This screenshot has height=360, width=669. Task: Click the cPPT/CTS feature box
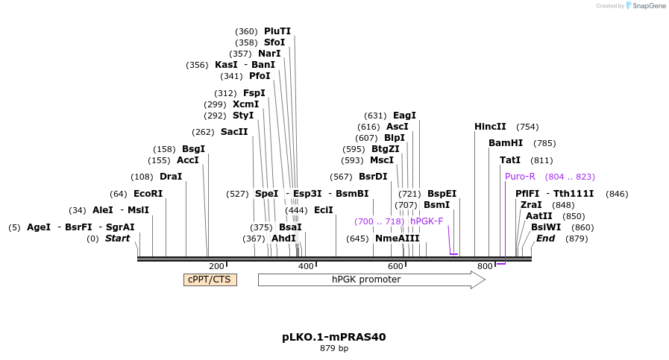[x=210, y=280]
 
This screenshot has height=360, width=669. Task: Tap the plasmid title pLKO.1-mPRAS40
[x=333, y=337]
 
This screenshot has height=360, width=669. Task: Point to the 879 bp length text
[x=334, y=348]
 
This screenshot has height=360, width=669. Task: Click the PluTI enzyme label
[x=277, y=31]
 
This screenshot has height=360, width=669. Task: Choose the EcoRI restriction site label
[x=148, y=194]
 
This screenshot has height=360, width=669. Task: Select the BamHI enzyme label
[x=506, y=143]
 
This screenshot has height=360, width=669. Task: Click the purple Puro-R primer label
[x=520, y=177]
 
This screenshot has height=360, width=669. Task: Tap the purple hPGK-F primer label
[x=427, y=221]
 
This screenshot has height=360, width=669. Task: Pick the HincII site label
[x=490, y=127]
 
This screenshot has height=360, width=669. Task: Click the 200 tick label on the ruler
[x=216, y=266]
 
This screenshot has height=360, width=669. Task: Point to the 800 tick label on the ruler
[x=485, y=266]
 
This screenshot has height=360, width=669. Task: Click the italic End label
[x=545, y=239]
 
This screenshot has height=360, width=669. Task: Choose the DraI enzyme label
[x=171, y=177]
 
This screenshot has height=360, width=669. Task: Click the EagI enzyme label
[x=404, y=116]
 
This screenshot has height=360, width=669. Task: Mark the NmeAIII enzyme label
[x=397, y=239]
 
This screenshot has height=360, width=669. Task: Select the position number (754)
[x=527, y=127]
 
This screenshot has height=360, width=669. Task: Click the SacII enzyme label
[x=234, y=132]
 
